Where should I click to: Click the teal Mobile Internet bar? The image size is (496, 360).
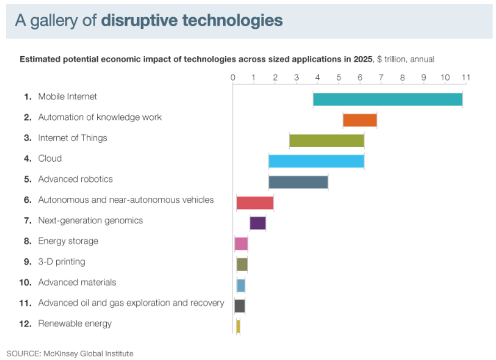click(388, 99)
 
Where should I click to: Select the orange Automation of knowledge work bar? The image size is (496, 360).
click(360, 120)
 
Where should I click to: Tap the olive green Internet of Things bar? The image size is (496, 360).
click(326, 141)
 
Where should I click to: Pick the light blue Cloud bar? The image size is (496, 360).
click(316, 161)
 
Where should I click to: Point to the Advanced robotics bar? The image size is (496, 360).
click(298, 182)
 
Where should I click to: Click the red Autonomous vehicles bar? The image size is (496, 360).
click(255, 203)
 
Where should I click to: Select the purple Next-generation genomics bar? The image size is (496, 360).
click(257, 223)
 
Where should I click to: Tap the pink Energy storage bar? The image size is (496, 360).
click(241, 244)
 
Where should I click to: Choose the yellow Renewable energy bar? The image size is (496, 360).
click(238, 326)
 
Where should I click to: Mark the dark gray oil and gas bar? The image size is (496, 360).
click(240, 306)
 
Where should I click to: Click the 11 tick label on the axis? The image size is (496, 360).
click(465, 77)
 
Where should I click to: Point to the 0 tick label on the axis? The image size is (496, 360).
click(233, 77)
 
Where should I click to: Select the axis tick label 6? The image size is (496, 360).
click(360, 77)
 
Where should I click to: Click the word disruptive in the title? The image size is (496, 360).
click(139, 21)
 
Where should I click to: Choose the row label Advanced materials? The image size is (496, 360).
click(77, 282)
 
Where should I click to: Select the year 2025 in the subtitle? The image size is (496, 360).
click(354, 59)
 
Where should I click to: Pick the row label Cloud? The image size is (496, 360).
click(49, 158)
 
